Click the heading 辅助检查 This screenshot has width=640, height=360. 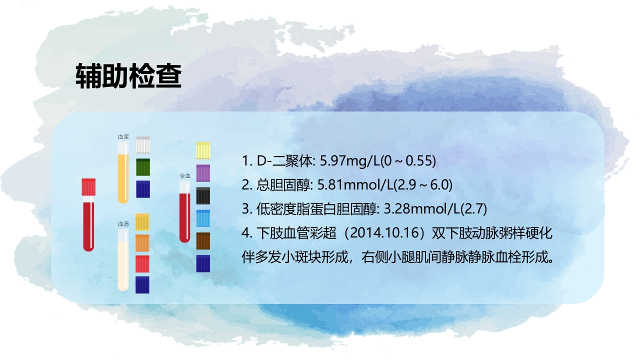tap(128, 76)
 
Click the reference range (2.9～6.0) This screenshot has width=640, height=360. tap(422, 185)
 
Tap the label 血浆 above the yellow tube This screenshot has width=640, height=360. tap(123, 136)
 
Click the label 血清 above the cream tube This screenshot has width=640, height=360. tap(123, 224)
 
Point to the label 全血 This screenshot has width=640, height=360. tap(185, 175)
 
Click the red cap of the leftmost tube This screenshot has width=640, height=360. tap(89, 186)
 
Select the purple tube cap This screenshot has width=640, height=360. tap(203, 173)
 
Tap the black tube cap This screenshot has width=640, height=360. tap(203, 195)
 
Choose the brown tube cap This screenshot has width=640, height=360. tap(203, 241)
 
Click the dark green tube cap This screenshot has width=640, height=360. tap(143, 166)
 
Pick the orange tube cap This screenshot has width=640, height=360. tap(142, 242)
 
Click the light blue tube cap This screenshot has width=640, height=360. tap(203, 218)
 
